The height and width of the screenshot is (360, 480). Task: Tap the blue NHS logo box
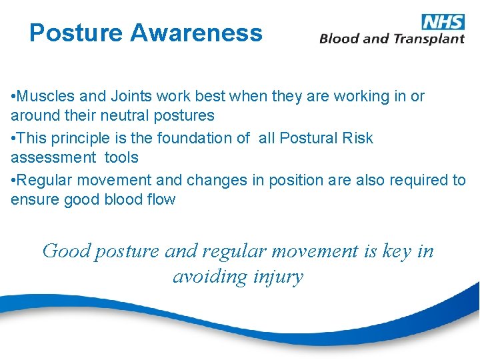point(443,21)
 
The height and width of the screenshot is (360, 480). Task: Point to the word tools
point(121,157)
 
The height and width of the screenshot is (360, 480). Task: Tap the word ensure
point(34,199)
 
